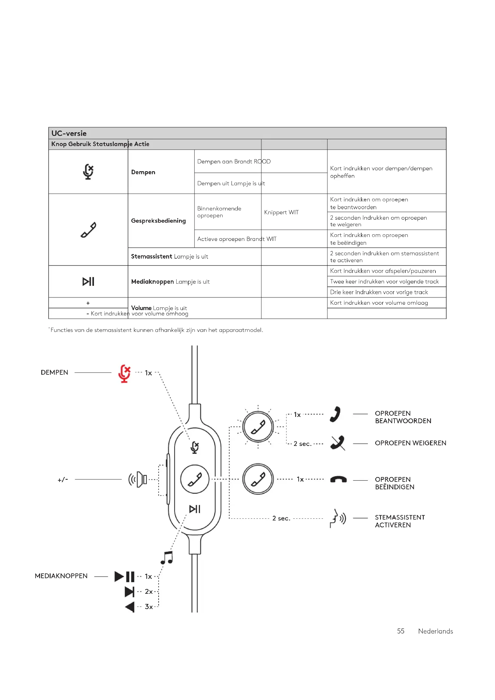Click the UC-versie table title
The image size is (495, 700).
click(x=69, y=133)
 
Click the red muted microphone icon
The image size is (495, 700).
click(x=124, y=373)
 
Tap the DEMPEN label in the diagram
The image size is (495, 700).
click(x=54, y=373)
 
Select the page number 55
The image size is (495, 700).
click(x=400, y=631)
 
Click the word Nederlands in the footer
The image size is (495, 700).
click(x=435, y=631)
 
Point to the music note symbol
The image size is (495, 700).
click(x=167, y=558)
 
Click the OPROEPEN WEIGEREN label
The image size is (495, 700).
click(x=410, y=443)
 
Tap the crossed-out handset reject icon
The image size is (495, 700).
click(x=337, y=443)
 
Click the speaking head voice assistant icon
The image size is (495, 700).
click(x=338, y=518)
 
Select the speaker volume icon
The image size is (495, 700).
click(x=138, y=479)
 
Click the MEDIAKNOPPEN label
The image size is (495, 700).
click(x=61, y=576)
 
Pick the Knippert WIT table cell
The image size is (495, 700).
click(x=281, y=212)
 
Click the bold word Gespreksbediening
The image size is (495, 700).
click(x=158, y=221)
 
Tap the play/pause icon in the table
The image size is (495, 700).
click(x=88, y=281)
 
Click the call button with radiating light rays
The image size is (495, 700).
click(x=258, y=426)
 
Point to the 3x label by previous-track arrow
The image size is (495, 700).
click(x=149, y=607)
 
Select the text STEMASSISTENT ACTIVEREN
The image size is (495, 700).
click(x=400, y=521)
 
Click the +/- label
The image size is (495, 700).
click(x=63, y=480)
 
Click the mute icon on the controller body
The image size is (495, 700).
click(x=195, y=447)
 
